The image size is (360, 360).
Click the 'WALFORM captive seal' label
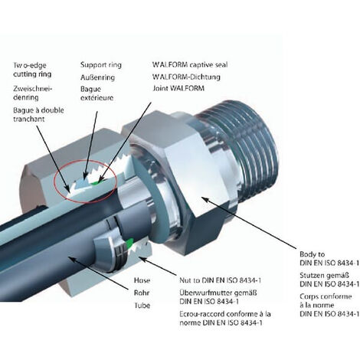[189, 64]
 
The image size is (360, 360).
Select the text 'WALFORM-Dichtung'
[185, 77]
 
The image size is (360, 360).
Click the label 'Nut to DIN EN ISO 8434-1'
[216, 281]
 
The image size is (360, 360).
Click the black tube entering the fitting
[31, 230]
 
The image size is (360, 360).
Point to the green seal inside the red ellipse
[93, 182]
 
